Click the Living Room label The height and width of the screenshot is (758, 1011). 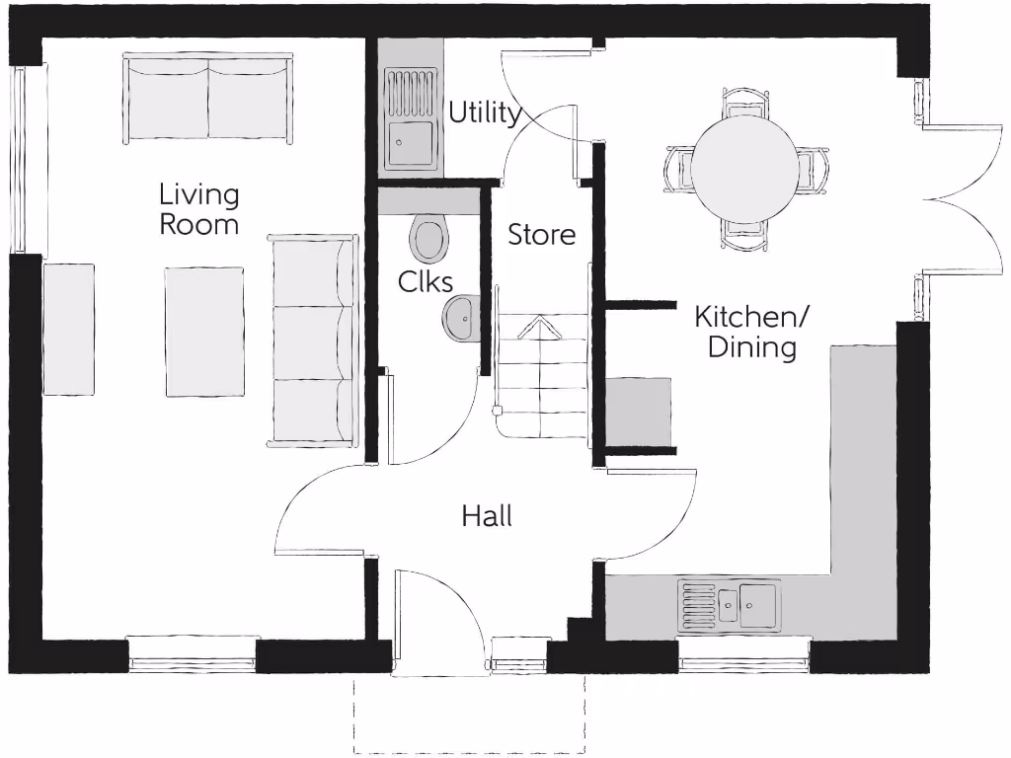(x=199, y=209)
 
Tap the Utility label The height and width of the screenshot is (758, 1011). (x=485, y=113)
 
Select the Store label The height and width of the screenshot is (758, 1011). (x=541, y=235)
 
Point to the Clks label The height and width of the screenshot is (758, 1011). (x=427, y=281)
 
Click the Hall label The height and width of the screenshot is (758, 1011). (x=487, y=515)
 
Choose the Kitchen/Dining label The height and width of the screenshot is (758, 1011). (x=751, y=332)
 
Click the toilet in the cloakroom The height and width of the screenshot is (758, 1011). (x=428, y=238)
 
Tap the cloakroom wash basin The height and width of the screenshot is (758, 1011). (x=460, y=317)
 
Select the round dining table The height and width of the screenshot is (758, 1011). (x=743, y=167)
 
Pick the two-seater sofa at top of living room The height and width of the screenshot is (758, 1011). (x=208, y=98)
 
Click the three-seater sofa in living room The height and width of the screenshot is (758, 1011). (x=313, y=341)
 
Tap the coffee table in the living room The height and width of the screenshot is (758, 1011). (x=204, y=331)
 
